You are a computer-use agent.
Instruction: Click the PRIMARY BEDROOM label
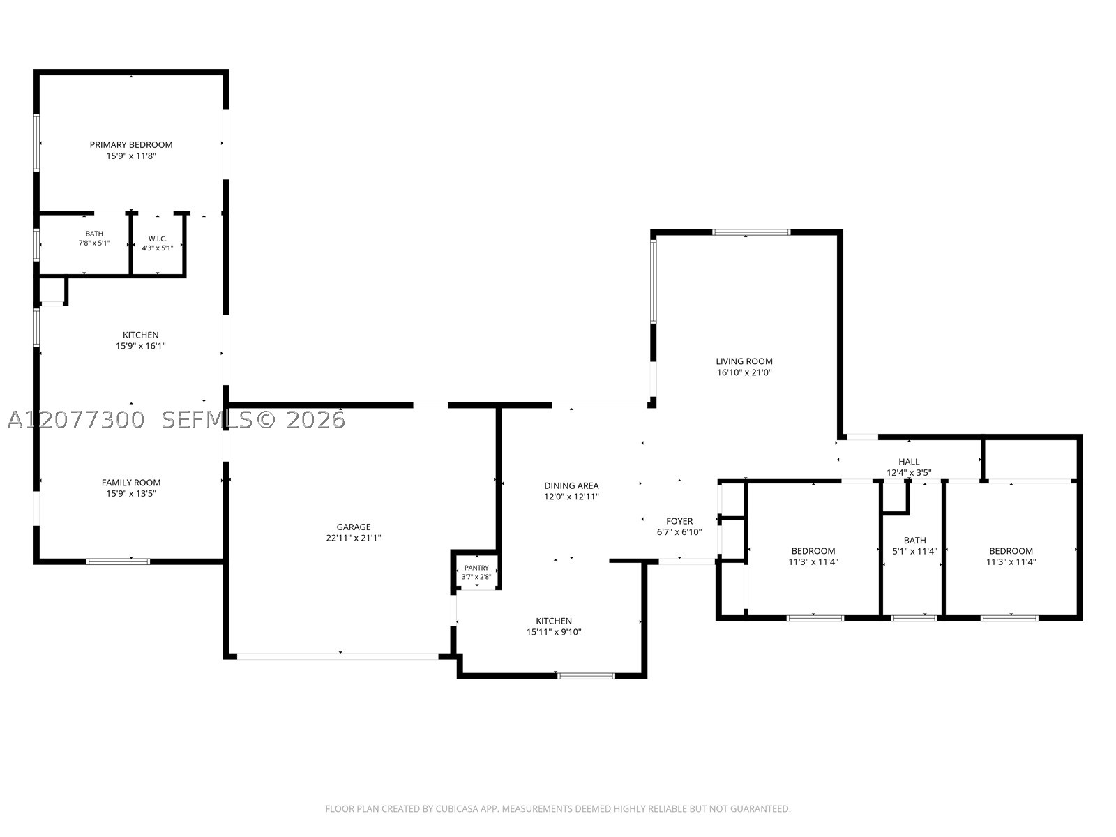[131, 145]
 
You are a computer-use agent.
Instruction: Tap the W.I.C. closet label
[158, 239]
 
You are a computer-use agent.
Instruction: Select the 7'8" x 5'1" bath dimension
[94, 243]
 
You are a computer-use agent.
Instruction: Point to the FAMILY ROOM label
[131, 483]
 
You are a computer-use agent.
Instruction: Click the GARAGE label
[354, 527]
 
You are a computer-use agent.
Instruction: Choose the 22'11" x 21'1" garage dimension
[354, 538]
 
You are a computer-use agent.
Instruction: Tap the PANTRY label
[476, 568]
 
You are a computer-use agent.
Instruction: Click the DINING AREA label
[571, 486]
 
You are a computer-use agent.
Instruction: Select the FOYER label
[679, 522]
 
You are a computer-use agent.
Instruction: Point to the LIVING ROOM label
[744, 361]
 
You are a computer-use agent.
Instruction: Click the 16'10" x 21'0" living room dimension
[744, 372]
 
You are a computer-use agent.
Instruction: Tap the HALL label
[909, 462]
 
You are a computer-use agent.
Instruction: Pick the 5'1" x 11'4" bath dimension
[914, 551]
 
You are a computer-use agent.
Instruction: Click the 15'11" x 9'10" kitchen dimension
[554, 632]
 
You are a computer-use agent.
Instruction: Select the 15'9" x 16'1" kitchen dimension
[141, 346]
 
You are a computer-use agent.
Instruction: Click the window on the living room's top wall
[751, 232]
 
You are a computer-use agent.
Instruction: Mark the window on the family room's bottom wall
[118, 561]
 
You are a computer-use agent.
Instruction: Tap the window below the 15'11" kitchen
[586, 676]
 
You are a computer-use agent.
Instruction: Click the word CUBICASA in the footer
[457, 809]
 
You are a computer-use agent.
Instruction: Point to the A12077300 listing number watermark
[76, 421]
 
